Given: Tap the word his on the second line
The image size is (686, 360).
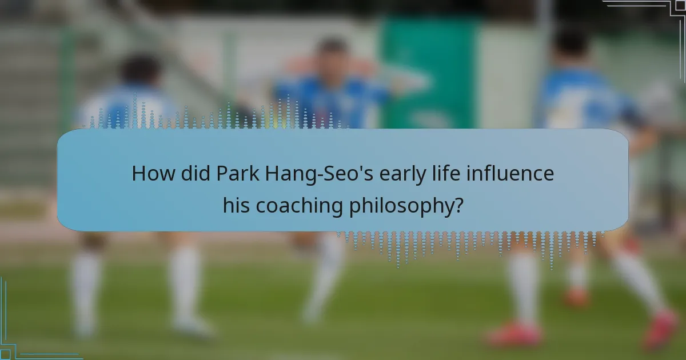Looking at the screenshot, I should click(x=237, y=206).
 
